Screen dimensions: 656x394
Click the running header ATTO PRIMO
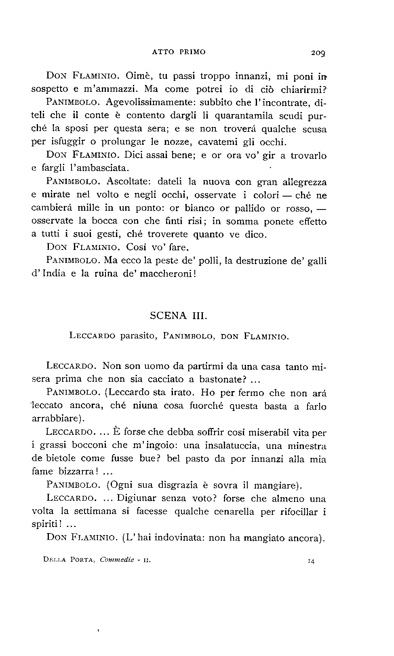tap(179, 52)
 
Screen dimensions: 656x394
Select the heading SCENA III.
tap(178, 316)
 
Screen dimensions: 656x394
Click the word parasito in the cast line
tap(138, 336)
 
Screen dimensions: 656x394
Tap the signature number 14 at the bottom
tap(311, 561)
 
